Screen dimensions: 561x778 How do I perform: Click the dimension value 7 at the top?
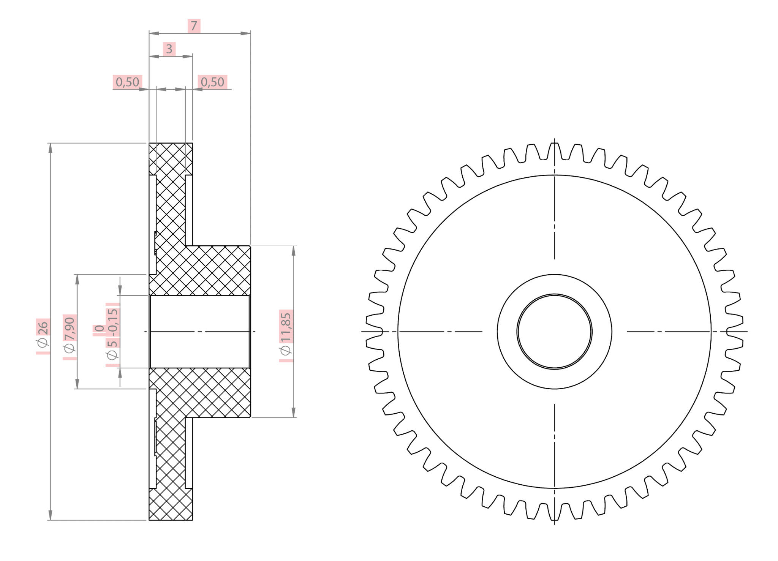coord(194,26)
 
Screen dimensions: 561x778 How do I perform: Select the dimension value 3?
coord(169,49)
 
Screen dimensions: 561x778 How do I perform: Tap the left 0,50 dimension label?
coord(127,82)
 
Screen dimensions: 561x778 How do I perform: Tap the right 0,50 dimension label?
coord(212,82)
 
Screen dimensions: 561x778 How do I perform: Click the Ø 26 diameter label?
coord(43,334)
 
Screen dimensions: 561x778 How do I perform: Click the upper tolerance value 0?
coord(99,329)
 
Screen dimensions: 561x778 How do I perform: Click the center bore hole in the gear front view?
coord(554,332)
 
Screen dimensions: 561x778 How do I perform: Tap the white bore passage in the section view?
coord(200,332)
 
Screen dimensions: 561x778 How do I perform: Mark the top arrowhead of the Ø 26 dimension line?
coord(50,148)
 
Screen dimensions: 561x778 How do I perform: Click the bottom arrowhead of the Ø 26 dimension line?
coord(50,515)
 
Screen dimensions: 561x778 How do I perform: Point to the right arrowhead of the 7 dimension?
coord(246,33)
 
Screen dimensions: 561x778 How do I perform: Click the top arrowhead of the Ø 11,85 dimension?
coord(293,251)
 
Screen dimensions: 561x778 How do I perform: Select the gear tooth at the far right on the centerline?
coord(735,332)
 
